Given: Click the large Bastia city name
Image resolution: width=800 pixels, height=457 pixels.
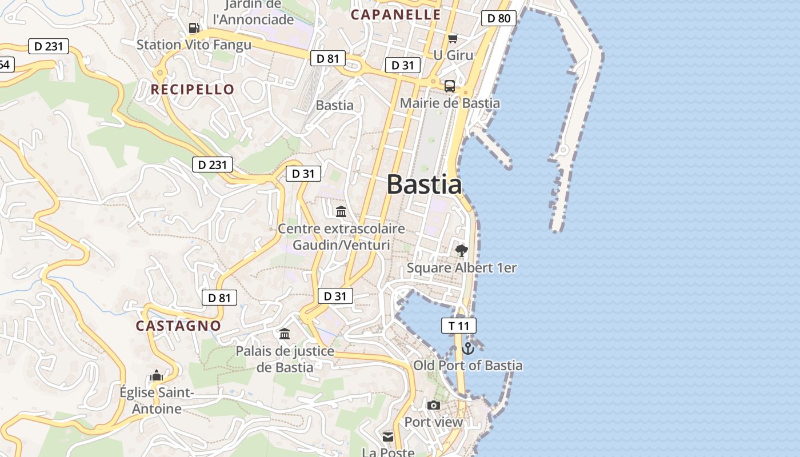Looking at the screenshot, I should coord(424,185).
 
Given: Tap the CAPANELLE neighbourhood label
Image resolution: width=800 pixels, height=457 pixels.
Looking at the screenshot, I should coord(395,15).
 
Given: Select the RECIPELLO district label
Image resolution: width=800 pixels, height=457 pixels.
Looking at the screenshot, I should coord(193,89).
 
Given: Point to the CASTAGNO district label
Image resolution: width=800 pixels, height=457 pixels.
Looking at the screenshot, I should coord(178,326).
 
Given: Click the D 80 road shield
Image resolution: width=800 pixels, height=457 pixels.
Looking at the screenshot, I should coord(498,18).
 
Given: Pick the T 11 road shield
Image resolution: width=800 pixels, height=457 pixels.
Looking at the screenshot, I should coord(458,326).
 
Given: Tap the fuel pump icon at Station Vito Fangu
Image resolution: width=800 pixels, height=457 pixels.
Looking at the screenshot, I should coord(194,28).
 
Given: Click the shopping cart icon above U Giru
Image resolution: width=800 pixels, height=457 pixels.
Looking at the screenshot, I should coord(453,38).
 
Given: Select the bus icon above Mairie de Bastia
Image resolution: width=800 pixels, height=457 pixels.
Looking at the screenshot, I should coord(450,86).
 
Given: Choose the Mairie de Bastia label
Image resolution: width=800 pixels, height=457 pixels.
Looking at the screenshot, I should coord(450,103).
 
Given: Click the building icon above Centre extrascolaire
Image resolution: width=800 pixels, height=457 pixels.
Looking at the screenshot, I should coord(341,212).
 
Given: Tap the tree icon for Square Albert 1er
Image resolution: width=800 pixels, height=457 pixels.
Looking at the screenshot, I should coord(461,250).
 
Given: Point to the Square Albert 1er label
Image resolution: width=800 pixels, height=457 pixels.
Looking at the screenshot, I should coord(462,268).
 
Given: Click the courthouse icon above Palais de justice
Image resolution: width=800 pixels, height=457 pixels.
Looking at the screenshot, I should coord(284,334).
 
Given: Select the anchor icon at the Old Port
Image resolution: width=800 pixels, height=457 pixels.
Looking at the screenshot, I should coord(468,348).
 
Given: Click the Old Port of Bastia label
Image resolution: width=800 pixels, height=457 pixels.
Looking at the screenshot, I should coord(467,366).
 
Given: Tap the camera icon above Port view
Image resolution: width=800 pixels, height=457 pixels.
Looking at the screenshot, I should coord(434,405).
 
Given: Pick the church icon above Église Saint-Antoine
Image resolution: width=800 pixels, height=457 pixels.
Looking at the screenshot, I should coord(156,375).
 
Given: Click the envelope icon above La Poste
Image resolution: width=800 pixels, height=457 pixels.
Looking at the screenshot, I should coord(388,437).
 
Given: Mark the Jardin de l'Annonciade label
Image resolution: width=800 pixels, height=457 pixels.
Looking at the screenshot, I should coord(253,13).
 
